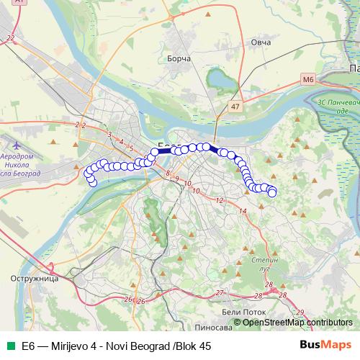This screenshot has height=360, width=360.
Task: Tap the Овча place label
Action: point(261,43)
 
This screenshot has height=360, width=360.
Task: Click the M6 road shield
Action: point(309,78)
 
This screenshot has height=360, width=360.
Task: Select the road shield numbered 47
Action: point(235,106)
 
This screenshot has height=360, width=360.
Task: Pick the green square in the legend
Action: point(9,346)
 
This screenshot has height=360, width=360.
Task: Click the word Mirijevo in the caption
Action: point(74,346)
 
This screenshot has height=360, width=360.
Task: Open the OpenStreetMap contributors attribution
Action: point(297,322)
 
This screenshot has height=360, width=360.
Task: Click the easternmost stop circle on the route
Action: point(272,192)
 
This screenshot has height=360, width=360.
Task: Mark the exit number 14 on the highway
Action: point(243,210)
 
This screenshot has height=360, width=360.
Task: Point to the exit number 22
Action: point(9,37)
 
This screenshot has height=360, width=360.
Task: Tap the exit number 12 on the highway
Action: point(220,199)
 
